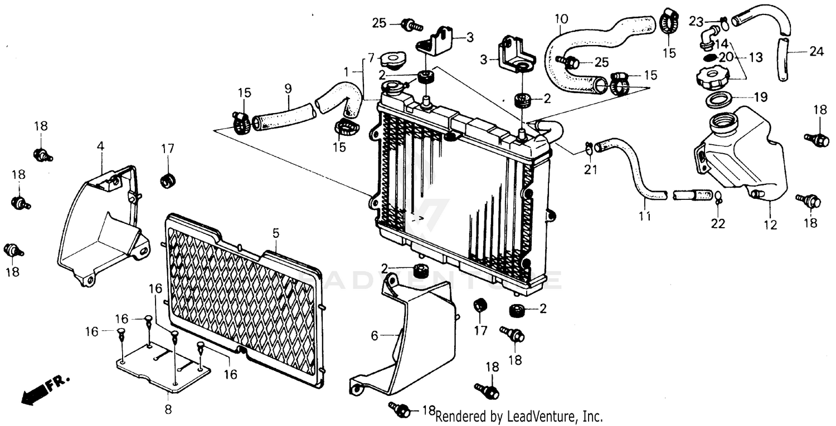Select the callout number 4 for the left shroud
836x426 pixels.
pos(100,146)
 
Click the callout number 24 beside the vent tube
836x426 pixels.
pos(815,52)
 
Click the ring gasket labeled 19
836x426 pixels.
pos(718,101)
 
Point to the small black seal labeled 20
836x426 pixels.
pos(709,57)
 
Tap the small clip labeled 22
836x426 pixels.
pos(718,196)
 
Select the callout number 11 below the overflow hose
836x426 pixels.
pos(645,217)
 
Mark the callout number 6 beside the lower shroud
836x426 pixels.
pos(375,336)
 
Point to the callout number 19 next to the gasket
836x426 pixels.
pos(760,97)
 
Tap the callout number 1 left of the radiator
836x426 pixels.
pos(346,72)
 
